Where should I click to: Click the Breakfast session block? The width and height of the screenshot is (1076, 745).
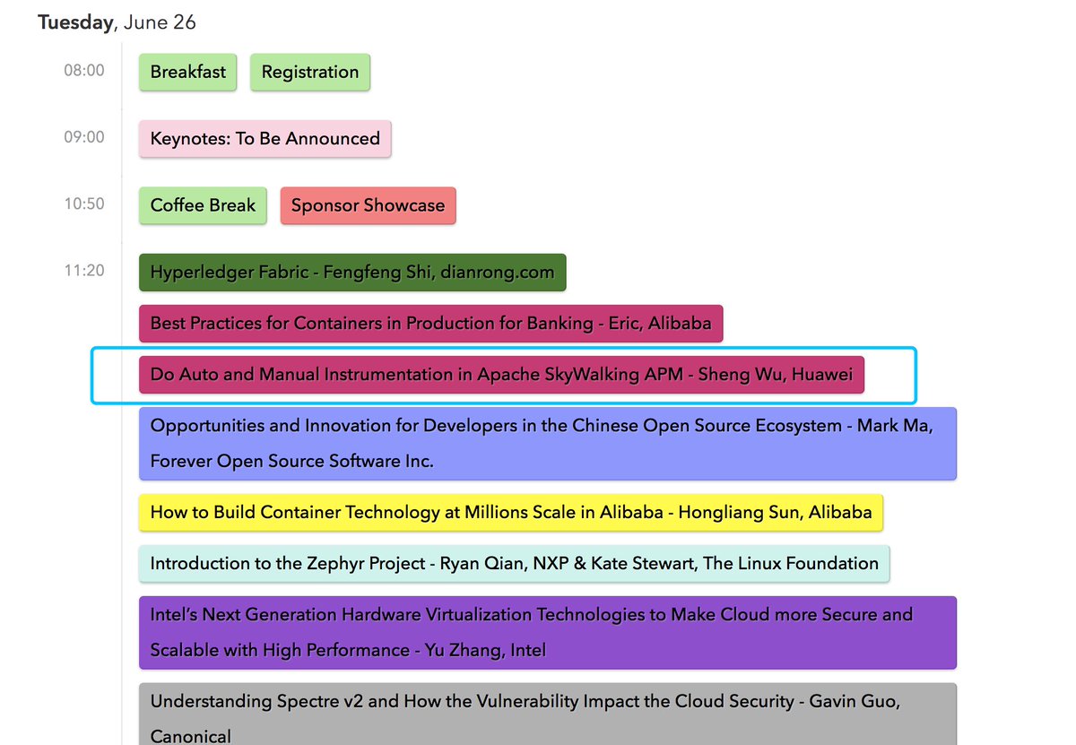click(187, 73)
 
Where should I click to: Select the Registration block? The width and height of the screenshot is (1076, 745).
click(309, 73)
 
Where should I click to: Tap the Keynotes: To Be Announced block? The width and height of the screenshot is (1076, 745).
click(265, 139)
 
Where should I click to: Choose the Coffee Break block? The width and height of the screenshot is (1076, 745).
click(203, 205)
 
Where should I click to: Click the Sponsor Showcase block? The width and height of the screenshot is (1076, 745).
click(368, 205)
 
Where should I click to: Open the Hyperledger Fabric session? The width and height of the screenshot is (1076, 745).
click(352, 273)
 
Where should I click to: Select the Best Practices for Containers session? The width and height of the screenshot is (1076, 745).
click(430, 324)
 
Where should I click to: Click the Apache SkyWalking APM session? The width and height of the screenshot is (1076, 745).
click(501, 375)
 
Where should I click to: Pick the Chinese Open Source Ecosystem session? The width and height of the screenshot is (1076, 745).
click(547, 443)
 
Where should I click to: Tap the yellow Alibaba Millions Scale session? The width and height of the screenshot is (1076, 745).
click(511, 513)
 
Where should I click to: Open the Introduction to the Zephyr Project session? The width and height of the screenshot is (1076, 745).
click(514, 564)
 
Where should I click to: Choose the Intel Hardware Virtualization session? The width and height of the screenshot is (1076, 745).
click(547, 632)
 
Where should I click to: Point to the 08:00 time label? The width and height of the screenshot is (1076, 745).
click(83, 71)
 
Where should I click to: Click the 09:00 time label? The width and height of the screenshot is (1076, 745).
click(83, 137)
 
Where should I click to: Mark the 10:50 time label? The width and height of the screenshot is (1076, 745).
click(83, 204)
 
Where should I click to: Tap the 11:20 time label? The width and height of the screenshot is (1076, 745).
click(83, 270)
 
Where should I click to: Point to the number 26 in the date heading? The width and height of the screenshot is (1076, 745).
click(184, 22)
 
